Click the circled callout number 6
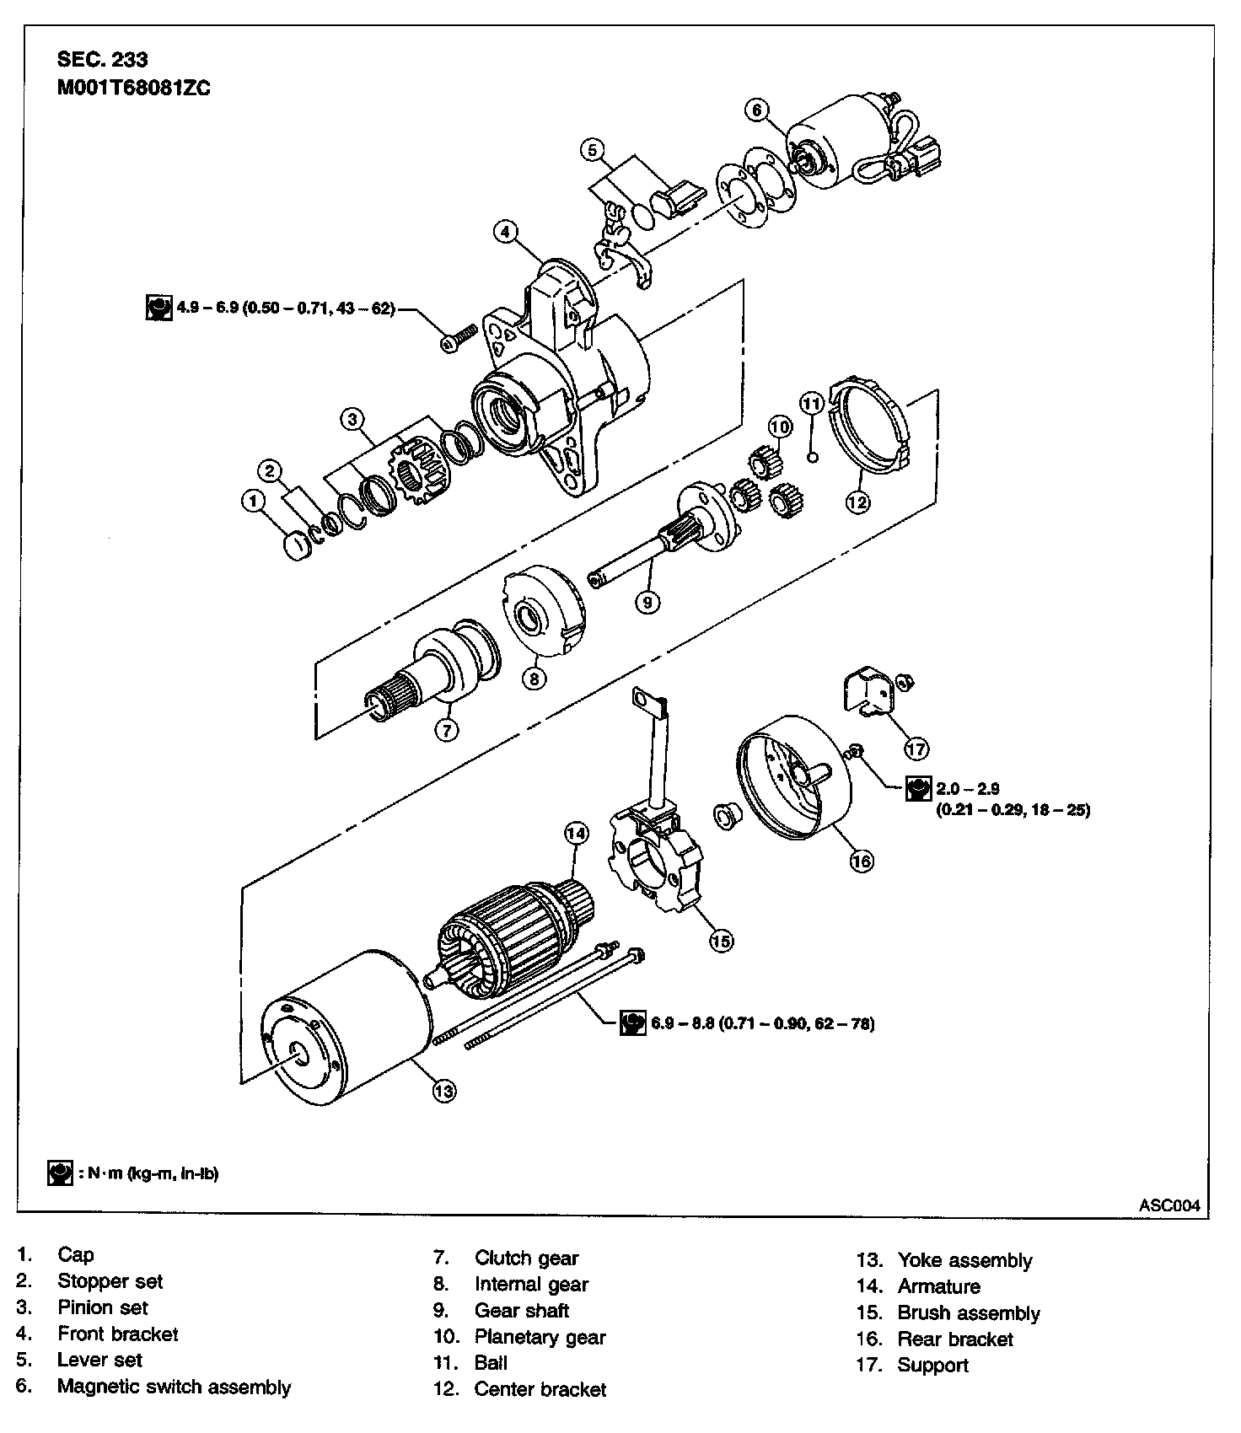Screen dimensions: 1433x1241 coord(756,110)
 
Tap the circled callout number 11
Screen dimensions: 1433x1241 coord(811,404)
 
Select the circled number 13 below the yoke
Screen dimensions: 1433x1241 coord(443,1091)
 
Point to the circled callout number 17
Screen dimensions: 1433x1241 coord(916,748)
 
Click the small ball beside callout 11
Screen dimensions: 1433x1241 coord(813,457)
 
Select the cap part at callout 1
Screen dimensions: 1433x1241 coord(298,546)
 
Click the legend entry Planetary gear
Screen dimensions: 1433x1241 coord(540,1337)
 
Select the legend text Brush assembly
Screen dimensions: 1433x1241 coord(968,1313)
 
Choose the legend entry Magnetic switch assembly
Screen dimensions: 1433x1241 coord(174,1387)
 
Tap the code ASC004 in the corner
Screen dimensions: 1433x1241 coord(1168,1205)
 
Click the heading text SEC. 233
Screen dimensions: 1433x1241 coord(102,59)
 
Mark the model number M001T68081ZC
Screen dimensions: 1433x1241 coord(133,89)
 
